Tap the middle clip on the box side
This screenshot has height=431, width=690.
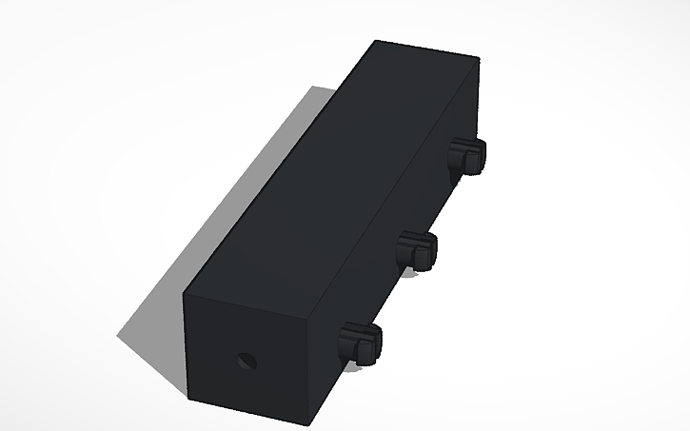415,249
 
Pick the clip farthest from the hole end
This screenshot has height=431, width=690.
466,155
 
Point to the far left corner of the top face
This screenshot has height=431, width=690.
375,40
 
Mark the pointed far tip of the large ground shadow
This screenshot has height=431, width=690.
314,88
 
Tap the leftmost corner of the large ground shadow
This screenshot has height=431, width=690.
118,335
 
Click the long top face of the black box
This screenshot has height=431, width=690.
333,171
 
